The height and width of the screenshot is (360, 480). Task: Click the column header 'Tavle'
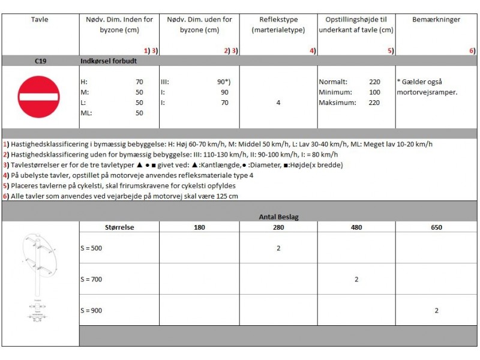click(x=40, y=20)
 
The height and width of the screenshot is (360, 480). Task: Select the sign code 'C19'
click(x=40, y=61)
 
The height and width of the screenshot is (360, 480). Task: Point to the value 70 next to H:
click(x=139, y=82)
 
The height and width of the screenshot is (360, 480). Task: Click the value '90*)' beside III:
click(x=223, y=82)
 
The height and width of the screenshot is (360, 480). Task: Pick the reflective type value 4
click(x=278, y=103)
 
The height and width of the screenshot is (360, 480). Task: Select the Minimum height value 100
click(x=374, y=92)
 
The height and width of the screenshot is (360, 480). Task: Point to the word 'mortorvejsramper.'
click(x=427, y=92)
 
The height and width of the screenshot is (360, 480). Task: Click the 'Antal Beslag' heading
click(x=278, y=217)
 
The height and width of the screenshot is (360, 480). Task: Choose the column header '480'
click(x=356, y=227)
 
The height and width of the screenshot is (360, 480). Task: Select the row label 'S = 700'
click(x=92, y=279)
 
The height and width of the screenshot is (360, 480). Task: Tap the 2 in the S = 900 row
click(x=436, y=310)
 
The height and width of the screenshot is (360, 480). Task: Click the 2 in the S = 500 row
click(x=278, y=248)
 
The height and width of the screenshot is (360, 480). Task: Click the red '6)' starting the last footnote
click(x=5, y=196)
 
